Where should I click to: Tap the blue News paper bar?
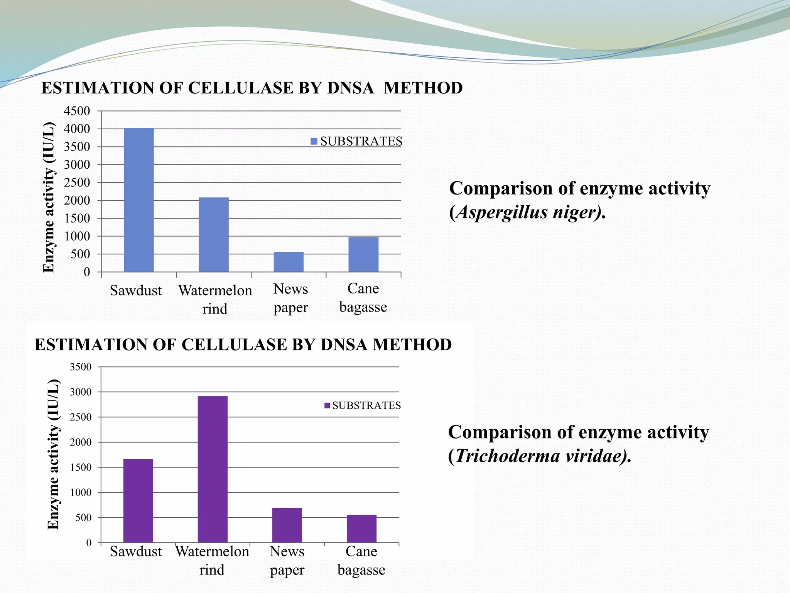(x=289, y=262)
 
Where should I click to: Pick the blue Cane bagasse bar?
(x=363, y=254)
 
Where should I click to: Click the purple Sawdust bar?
(x=138, y=501)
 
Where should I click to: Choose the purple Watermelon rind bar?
(x=213, y=469)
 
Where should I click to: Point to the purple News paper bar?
(x=287, y=525)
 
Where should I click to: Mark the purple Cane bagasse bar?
(x=361, y=529)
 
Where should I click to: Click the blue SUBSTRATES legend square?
(x=314, y=142)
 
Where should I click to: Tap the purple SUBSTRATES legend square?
(x=327, y=406)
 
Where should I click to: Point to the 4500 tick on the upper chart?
(x=77, y=111)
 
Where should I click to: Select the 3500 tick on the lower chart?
(x=80, y=367)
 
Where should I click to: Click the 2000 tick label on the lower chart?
(x=80, y=442)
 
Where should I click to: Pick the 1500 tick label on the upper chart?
(x=77, y=219)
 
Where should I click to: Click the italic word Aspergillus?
(x=501, y=212)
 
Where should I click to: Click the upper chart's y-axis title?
(x=49, y=197)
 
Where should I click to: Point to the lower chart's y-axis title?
(x=53, y=454)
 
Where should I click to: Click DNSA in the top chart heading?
(x=350, y=88)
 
